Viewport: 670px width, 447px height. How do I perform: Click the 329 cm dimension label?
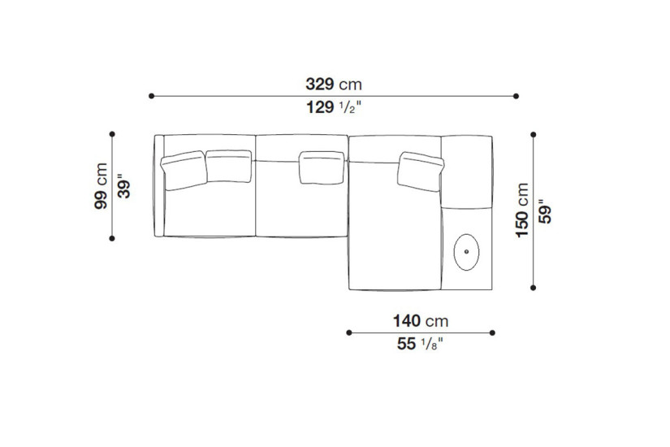(x=334, y=85)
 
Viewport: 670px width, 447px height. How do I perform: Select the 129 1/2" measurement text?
(x=334, y=107)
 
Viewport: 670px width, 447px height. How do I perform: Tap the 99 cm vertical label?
(x=101, y=185)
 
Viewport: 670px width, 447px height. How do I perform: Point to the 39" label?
(x=124, y=186)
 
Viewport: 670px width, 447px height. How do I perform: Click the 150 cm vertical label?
(x=522, y=210)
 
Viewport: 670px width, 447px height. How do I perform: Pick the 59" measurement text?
(x=545, y=211)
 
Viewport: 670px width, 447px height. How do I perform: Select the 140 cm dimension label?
(x=421, y=321)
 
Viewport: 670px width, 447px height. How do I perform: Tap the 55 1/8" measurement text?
(x=420, y=344)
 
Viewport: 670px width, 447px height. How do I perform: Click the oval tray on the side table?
(x=466, y=252)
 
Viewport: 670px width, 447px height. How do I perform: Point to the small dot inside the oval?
(x=466, y=251)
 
